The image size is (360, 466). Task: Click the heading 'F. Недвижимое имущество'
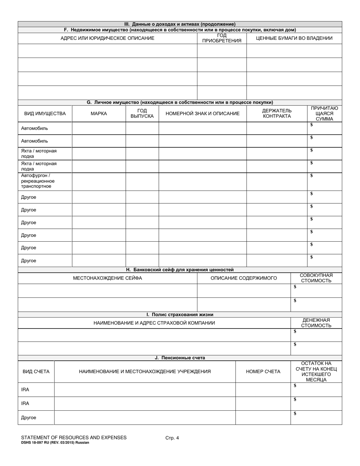tap(180, 30)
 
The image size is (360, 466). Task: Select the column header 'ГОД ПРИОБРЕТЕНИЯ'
tap(222, 38)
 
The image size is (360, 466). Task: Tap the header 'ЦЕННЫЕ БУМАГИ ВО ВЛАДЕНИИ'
tap(294, 38)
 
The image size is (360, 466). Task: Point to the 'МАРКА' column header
tap(99, 114)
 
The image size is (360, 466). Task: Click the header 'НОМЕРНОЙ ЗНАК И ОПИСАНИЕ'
tap(202, 114)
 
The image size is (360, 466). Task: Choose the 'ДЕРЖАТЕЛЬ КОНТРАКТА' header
tap(277, 114)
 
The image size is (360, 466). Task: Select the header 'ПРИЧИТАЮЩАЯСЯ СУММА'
tap(324, 114)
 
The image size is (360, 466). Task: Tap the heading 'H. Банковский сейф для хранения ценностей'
tap(180, 270)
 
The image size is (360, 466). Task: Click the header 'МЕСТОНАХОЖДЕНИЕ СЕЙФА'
tap(107, 278)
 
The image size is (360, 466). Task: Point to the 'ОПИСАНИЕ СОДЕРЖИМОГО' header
tap(244, 278)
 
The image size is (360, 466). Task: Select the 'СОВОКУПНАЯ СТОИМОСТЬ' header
tap(316, 278)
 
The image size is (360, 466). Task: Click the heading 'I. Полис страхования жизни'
tap(180, 314)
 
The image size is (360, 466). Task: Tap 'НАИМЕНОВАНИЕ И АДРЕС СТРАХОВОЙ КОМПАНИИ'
tap(154, 323)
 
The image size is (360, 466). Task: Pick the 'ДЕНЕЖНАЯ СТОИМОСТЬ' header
tap(316, 323)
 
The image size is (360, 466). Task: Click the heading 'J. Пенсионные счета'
tap(180, 358)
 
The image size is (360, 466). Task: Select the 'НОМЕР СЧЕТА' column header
tap(263, 372)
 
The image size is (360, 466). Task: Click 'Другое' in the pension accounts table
tap(29, 418)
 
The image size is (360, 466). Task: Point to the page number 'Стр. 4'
tap(172, 438)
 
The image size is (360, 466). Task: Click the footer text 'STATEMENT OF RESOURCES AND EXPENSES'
tap(74, 438)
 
